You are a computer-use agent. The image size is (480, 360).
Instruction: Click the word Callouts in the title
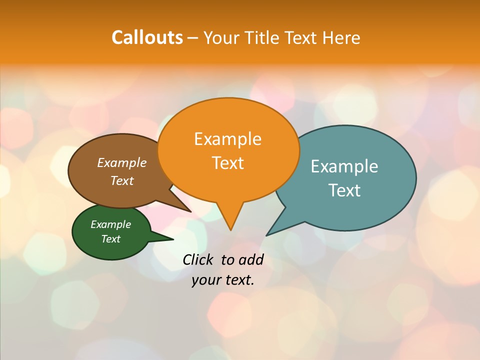click(x=147, y=37)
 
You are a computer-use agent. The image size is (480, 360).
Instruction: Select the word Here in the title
click(x=341, y=37)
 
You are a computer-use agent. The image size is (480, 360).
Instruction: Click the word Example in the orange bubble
click(x=227, y=139)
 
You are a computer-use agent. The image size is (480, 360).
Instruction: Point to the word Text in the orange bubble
click(x=227, y=163)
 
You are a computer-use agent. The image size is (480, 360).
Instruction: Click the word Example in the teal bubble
click(x=344, y=166)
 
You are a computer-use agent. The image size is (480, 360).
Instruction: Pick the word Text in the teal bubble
click(x=344, y=190)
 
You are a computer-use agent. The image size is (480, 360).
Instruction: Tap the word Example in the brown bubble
click(x=122, y=162)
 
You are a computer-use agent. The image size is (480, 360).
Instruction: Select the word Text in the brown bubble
click(x=122, y=180)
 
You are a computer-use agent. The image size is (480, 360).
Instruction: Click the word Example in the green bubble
click(x=110, y=224)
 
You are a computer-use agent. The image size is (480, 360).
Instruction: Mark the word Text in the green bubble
click(x=110, y=239)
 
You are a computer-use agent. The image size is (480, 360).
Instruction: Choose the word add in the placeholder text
click(x=251, y=259)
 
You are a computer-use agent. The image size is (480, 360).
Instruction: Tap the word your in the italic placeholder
click(x=205, y=280)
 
